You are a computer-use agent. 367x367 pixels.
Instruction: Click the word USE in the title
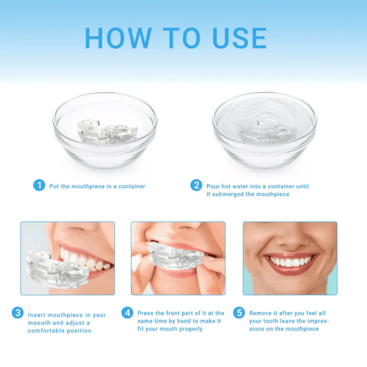click(x=237, y=38)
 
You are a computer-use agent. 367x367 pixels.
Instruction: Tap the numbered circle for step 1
click(x=39, y=186)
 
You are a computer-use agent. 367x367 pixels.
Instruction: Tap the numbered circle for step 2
click(x=196, y=186)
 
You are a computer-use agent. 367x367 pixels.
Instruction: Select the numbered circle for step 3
click(x=18, y=313)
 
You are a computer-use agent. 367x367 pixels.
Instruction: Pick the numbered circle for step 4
click(x=127, y=313)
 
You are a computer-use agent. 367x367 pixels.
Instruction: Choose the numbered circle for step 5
click(x=239, y=313)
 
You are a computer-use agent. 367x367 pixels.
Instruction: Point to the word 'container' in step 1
click(x=132, y=187)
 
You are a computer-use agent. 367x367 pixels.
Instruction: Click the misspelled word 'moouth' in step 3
click(x=38, y=323)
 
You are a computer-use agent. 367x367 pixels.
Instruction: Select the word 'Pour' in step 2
click(x=213, y=187)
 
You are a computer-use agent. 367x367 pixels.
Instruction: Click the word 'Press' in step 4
click(x=146, y=313)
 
